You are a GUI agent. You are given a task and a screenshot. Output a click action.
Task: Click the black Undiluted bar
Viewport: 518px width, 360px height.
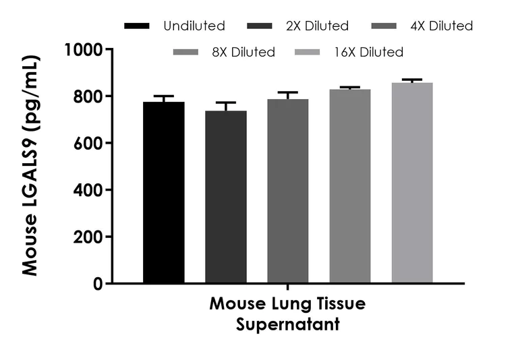(x=164, y=192)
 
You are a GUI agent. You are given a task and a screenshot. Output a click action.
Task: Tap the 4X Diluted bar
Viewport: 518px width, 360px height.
(x=288, y=191)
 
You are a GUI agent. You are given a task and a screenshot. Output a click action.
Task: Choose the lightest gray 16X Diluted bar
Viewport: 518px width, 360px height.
(x=412, y=183)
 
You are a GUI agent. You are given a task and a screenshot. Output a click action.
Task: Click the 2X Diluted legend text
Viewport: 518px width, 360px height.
(x=316, y=26)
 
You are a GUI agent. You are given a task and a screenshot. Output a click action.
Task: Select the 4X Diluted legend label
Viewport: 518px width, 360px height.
(x=441, y=26)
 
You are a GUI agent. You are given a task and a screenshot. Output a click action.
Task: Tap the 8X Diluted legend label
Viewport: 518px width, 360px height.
(x=243, y=52)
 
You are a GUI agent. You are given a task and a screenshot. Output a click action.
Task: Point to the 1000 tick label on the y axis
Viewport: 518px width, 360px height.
(x=84, y=50)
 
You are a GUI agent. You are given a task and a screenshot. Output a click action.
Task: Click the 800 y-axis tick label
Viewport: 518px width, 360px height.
(x=89, y=96)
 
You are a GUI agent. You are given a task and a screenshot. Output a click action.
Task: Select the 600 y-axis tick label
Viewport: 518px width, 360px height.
(x=89, y=144)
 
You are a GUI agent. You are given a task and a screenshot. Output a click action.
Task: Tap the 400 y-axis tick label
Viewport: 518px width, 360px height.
(x=89, y=190)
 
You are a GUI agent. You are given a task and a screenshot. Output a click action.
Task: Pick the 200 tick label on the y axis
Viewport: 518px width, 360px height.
(x=89, y=237)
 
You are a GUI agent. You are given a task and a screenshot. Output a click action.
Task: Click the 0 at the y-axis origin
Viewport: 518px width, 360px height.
(x=98, y=284)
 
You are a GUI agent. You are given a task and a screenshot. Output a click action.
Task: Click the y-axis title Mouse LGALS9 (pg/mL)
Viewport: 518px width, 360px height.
(x=30, y=165)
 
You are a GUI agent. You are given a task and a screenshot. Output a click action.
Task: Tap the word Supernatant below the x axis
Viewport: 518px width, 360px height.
(x=287, y=324)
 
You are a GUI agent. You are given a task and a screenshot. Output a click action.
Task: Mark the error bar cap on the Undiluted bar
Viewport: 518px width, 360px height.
(x=164, y=96)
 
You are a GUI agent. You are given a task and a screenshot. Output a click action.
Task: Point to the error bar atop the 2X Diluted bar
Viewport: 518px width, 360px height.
(x=226, y=103)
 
